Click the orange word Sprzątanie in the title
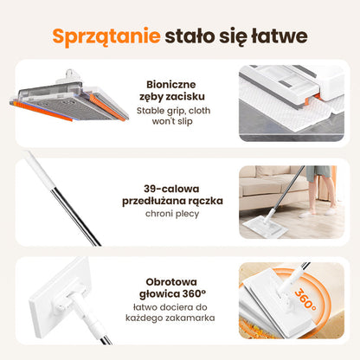point(106,36)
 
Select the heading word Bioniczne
point(171,85)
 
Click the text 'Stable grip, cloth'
point(173,111)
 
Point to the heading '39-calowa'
point(171,189)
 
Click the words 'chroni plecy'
point(172,214)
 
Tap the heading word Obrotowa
point(171,281)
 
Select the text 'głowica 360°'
point(172,294)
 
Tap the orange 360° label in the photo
point(305,299)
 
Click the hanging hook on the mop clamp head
point(70,74)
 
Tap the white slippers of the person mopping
point(318,213)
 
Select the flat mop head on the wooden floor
point(265,226)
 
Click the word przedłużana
point(151,201)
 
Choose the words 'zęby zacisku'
point(172,97)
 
